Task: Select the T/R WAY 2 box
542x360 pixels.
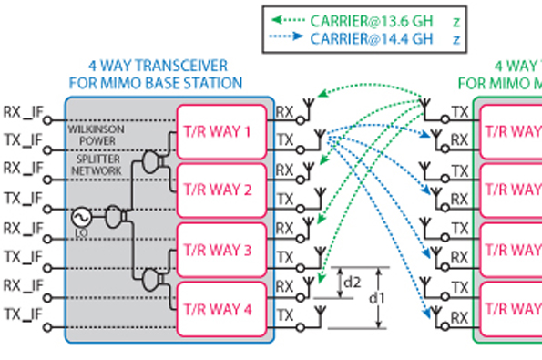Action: coord(220,190)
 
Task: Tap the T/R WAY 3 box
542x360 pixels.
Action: coord(220,248)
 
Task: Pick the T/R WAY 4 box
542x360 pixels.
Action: coord(220,307)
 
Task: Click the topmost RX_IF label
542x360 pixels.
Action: coord(24,112)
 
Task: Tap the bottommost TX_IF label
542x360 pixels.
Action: coord(24,314)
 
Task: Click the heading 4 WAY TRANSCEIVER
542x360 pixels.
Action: coord(158,66)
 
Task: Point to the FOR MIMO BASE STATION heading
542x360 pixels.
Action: coord(156,83)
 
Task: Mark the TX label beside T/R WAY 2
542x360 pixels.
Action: coord(285,199)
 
